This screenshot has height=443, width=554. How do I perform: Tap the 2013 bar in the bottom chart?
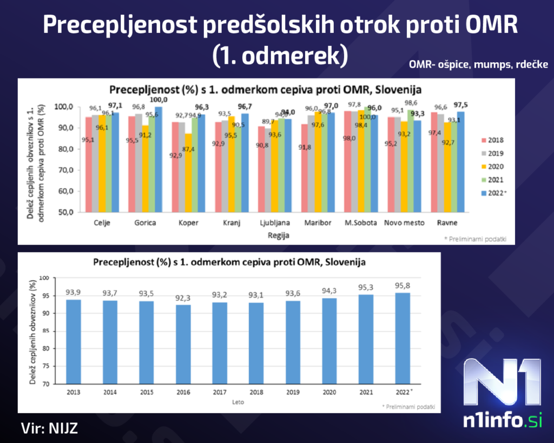(x=74, y=342)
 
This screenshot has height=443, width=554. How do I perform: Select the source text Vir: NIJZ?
(x=50, y=428)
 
